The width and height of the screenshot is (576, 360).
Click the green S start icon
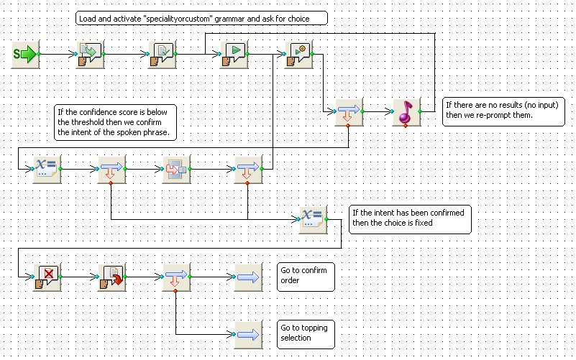tap(26, 55)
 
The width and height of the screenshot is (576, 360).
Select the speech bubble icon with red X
tap(47, 277)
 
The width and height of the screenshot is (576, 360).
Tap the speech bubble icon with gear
tap(299, 55)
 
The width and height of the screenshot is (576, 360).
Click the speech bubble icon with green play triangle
tap(234, 55)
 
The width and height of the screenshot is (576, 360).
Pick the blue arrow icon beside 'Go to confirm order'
tap(248, 277)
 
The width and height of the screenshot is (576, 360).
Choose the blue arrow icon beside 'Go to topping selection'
tap(248, 335)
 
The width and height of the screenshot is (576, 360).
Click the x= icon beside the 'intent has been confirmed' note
tap(313, 220)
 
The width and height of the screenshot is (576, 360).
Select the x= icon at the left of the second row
tap(47, 169)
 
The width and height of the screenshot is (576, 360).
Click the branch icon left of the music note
tap(349, 112)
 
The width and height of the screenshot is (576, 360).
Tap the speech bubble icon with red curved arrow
tap(112, 277)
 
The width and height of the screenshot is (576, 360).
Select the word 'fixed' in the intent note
tap(424, 223)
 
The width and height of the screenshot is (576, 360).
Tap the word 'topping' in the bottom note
tap(314, 328)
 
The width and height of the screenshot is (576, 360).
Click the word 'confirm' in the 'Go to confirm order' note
tap(314, 270)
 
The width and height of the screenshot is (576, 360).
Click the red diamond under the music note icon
tap(406, 126)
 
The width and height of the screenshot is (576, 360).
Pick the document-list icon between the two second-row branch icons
tap(177, 169)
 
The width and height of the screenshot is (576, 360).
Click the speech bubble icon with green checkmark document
tap(163, 55)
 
